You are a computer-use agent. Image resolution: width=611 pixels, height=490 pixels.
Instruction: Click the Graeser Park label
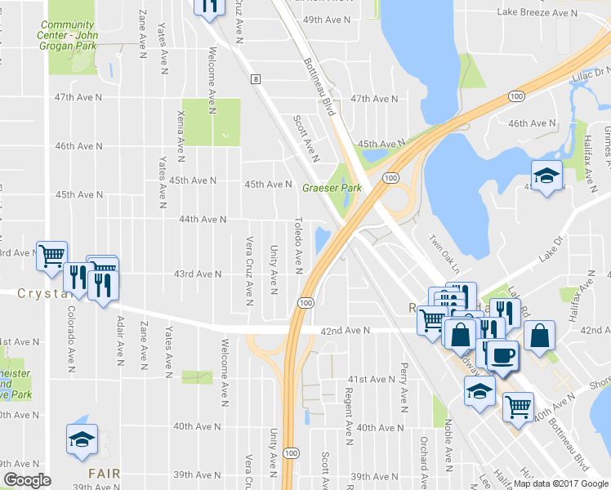pos(332,188)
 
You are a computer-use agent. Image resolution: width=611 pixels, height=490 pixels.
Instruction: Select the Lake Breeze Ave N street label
pos(536,13)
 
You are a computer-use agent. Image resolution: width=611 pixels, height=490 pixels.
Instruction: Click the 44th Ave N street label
pos(202,220)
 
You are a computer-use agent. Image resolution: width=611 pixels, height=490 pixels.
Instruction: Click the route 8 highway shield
pos(256,78)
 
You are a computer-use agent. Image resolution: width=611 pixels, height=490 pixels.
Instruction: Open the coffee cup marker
pos(502,354)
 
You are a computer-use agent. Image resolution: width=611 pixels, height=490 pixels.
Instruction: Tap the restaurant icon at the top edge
pos(209,5)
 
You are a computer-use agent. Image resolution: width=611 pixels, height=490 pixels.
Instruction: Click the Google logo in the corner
pos(27,480)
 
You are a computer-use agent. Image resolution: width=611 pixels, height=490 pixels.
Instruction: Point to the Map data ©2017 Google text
pos(560,483)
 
